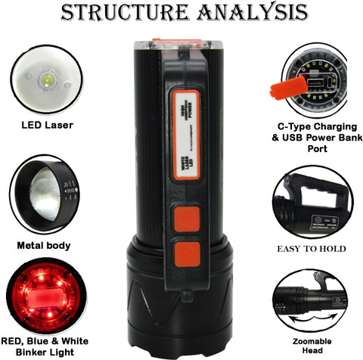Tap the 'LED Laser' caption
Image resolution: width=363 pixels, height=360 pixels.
coord(47,124)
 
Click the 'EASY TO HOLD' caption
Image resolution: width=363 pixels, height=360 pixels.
coord(312,249)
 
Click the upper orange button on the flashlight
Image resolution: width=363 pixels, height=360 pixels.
coord(185,220)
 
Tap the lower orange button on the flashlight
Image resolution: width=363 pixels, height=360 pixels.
coord(185,254)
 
